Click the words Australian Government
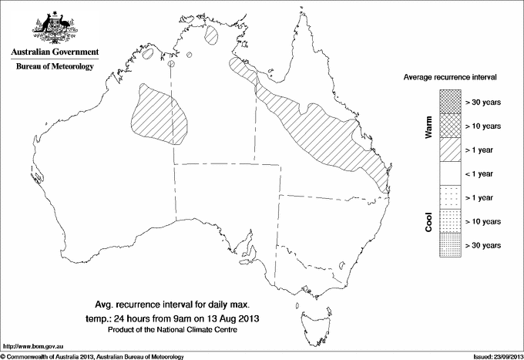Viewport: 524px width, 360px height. point(55,52)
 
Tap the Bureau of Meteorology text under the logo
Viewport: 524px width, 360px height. point(55,67)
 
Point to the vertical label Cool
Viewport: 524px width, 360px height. point(428,222)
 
